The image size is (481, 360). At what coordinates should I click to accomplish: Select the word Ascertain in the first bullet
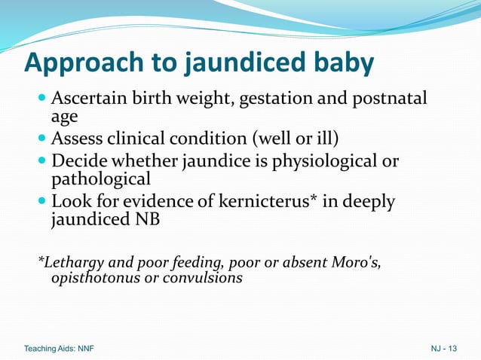88,99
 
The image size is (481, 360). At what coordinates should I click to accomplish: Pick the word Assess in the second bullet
77,139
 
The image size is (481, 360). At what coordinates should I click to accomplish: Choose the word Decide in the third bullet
78,162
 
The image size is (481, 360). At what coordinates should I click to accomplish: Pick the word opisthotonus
89,278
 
